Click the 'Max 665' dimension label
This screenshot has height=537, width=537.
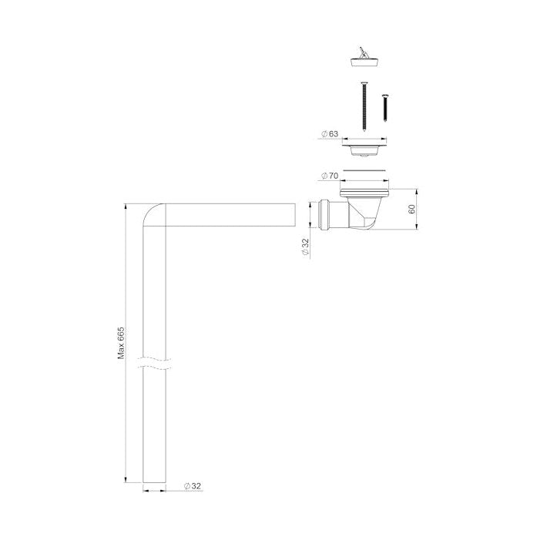click(x=121, y=343)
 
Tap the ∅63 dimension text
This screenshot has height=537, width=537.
click(x=330, y=134)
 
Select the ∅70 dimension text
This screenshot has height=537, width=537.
click(x=330, y=176)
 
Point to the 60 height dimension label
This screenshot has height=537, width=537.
click(x=411, y=209)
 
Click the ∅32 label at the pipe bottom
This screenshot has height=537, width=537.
click(x=193, y=486)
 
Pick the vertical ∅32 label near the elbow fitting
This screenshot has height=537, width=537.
click(x=305, y=247)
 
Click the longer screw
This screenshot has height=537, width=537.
click(x=364, y=106)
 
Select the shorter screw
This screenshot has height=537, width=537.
click(x=385, y=108)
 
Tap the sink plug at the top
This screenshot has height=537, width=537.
click(x=364, y=59)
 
